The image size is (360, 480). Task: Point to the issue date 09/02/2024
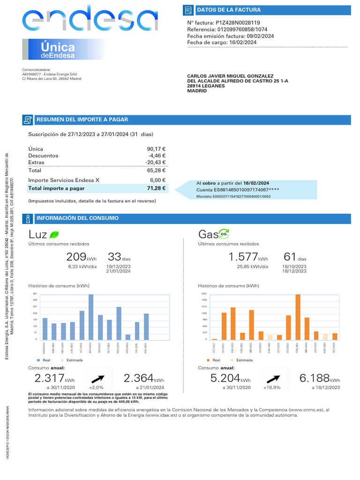261,36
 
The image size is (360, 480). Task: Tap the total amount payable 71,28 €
157,188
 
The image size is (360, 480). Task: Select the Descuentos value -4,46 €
157,156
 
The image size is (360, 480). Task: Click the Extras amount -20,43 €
156,162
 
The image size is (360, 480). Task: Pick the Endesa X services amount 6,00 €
158,180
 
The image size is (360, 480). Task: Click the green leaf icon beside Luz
54,234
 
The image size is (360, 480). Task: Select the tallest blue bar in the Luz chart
91,317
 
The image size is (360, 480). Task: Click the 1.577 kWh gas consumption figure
243,257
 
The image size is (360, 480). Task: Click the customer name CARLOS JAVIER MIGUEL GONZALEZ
230,76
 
